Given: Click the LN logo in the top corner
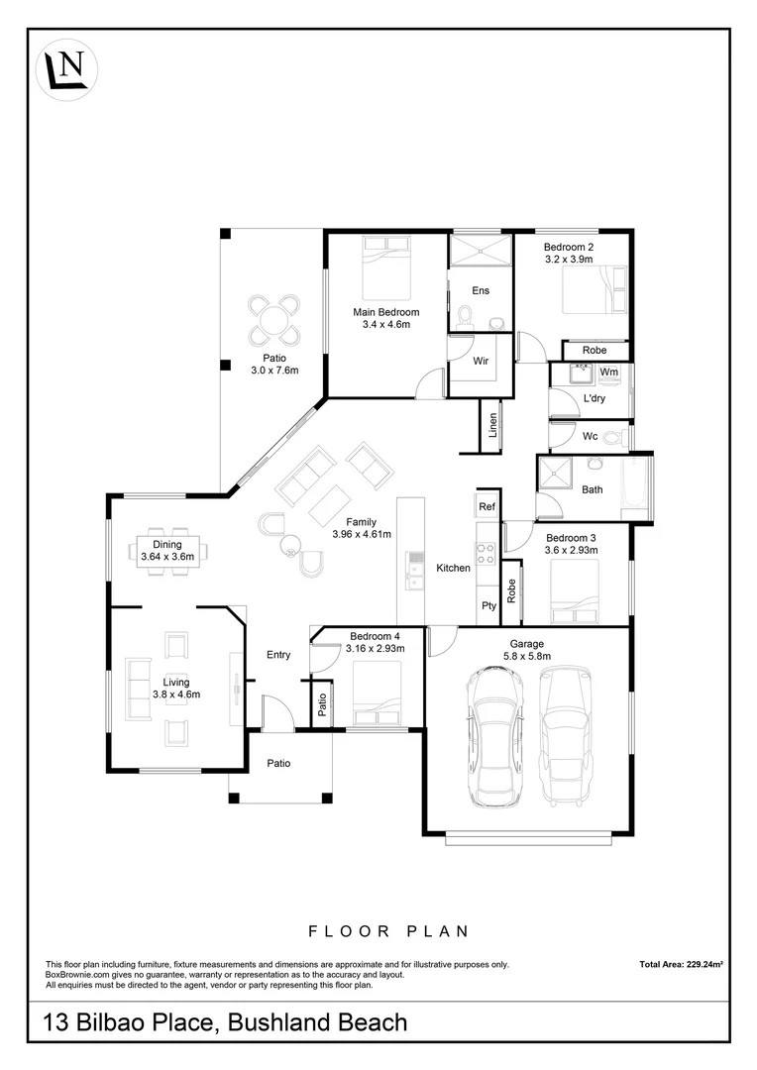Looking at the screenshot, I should [x=66, y=69].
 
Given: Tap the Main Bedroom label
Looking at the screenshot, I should [x=385, y=312].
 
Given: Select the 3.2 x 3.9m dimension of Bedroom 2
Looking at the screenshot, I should [x=568, y=260].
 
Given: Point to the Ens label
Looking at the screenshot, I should [x=480, y=291].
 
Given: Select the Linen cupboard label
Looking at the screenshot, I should [x=492, y=425].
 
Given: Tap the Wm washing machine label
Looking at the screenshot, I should [x=609, y=373].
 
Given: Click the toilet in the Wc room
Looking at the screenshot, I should [x=613, y=436].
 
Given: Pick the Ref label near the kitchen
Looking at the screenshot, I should [x=487, y=506].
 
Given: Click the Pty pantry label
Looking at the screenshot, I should [x=487, y=604].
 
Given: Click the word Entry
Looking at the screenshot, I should [x=278, y=654].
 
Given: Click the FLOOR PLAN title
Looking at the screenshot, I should [x=387, y=931].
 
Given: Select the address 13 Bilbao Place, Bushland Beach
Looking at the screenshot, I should [x=226, y=1021].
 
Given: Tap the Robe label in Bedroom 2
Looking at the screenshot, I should [x=595, y=350].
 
